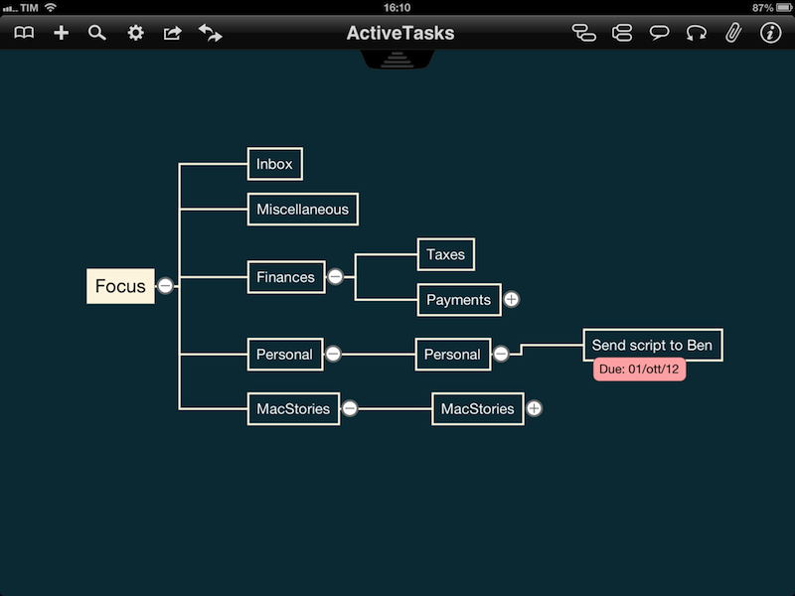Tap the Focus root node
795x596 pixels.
[120, 286]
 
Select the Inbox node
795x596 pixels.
[275, 164]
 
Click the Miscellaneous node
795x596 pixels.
[303, 210]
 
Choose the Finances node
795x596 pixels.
[286, 277]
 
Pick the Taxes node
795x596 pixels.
[445, 254]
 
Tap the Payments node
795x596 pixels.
[459, 300]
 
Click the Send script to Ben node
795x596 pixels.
[653, 345]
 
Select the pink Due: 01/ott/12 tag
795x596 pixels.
[639, 369]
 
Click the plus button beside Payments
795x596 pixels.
[512, 300]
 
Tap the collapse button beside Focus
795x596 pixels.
[165, 286]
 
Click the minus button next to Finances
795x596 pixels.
[335, 277]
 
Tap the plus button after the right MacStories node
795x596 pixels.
[534, 408]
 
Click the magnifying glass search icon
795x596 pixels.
[96, 33]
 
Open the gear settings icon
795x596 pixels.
[135, 33]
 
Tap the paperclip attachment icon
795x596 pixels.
[733, 33]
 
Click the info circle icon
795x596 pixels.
[770, 33]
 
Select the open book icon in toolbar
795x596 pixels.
[24, 33]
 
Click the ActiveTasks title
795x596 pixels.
[400, 33]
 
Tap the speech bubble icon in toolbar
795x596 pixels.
[659, 33]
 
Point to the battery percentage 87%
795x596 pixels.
[762, 8]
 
